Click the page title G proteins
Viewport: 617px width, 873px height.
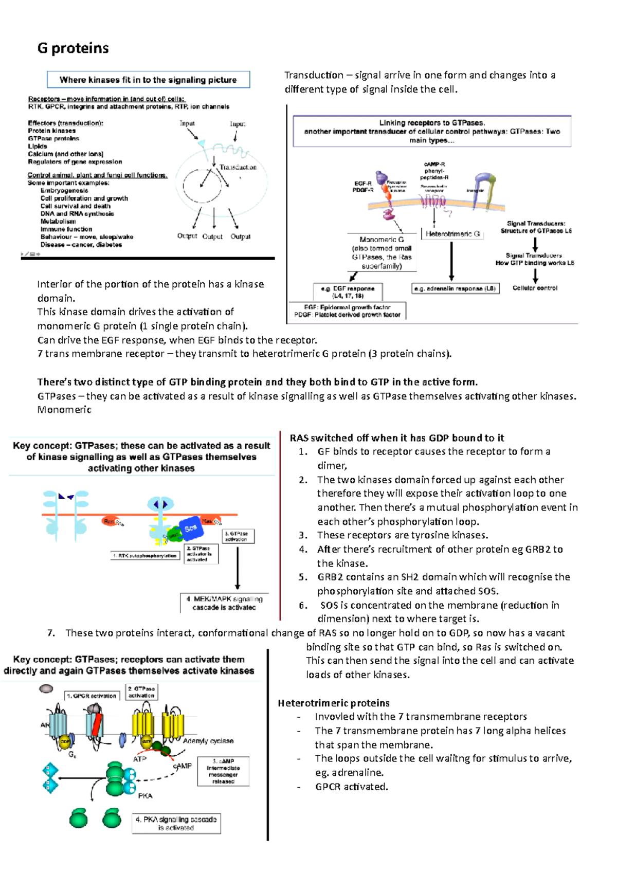pos(73,48)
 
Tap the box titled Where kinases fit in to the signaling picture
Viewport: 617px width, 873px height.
pos(148,80)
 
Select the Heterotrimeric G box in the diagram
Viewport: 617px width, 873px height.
pos(452,234)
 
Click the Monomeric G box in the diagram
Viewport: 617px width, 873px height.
pos(382,252)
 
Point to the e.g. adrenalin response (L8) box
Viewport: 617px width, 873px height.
pos(455,288)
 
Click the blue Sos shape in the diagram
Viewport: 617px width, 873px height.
pos(190,528)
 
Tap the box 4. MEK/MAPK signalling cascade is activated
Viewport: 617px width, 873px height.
pos(224,603)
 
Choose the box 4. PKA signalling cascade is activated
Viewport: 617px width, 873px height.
pos(176,823)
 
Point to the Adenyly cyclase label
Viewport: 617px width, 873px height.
pos(208,741)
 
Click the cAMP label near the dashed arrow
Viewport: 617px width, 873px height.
pos(183,766)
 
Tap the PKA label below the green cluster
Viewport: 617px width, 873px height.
pos(145,795)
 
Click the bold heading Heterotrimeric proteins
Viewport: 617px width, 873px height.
pos(334,703)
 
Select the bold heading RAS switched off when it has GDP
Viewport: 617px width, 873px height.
pos(396,438)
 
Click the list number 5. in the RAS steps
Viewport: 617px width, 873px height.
pos(303,577)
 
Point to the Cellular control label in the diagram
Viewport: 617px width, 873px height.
pos(535,288)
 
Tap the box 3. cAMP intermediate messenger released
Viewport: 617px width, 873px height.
pos(223,771)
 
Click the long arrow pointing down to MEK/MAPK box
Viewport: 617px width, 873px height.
pos(238,568)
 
